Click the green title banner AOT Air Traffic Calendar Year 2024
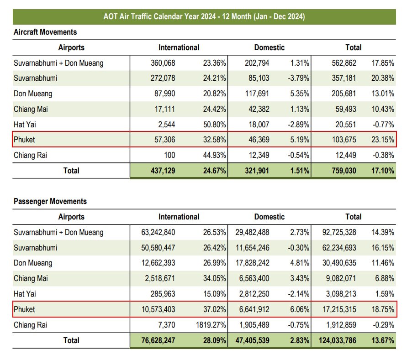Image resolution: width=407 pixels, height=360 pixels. (x=204, y=17)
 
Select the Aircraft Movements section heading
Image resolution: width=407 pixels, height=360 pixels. (x=45, y=32)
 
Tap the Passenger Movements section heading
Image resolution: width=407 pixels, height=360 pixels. (x=50, y=201)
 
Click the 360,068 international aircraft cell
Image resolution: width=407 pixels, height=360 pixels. (x=163, y=63)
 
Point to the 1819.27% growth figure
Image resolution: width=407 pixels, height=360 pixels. (x=209, y=325)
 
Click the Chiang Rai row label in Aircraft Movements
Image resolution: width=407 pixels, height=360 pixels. (x=31, y=155)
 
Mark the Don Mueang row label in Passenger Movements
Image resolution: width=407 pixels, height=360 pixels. (x=33, y=263)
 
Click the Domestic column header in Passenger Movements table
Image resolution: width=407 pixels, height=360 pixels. (x=269, y=217)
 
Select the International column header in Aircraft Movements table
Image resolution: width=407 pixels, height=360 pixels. (x=179, y=47)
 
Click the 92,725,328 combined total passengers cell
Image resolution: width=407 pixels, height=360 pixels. (x=336, y=232)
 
